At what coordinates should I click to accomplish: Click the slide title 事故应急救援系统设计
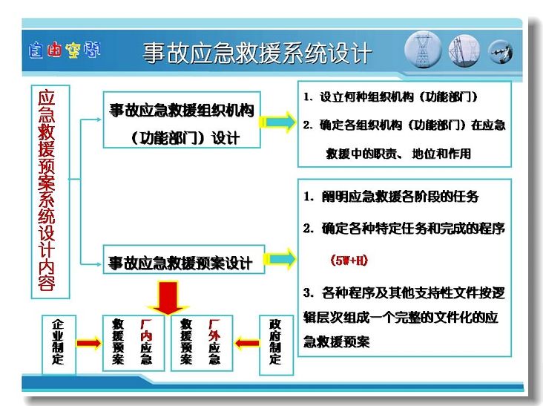pyautogui.click(x=257, y=53)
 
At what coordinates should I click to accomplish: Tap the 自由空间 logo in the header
pyautogui.click(x=65, y=50)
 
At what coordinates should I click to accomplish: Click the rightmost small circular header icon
pyautogui.click(x=501, y=52)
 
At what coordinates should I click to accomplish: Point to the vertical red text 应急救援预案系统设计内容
pyautogui.click(x=47, y=191)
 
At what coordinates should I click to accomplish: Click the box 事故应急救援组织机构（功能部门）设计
pyautogui.click(x=182, y=119)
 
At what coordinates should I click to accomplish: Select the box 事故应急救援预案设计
pyautogui.click(x=184, y=260)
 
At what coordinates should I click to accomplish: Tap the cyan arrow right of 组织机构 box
pyautogui.click(x=277, y=122)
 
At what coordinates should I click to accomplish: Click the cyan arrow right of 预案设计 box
pyautogui.click(x=280, y=259)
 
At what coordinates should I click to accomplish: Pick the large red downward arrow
pyautogui.click(x=168, y=298)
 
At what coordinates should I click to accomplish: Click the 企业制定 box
pyautogui.click(x=59, y=344)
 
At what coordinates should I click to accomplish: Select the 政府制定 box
pyautogui.click(x=276, y=344)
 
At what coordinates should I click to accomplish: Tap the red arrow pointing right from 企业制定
pyautogui.click(x=89, y=344)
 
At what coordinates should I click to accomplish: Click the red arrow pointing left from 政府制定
pyautogui.click(x=246, y=344)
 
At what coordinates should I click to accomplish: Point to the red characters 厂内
pyautogui.click(x=146, y=330)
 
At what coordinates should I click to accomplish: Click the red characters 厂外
pyautogui.click(x=214, y=330)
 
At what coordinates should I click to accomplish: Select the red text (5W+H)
pyautogui.click(x=349, y=260)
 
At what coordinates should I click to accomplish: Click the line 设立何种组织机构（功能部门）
pyautogui.click(x=391, y=96)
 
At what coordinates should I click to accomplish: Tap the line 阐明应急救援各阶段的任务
pyautogui.click(x=392, y=197)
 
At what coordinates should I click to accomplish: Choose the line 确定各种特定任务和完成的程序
pyautogui.click(x=404, y=229)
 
